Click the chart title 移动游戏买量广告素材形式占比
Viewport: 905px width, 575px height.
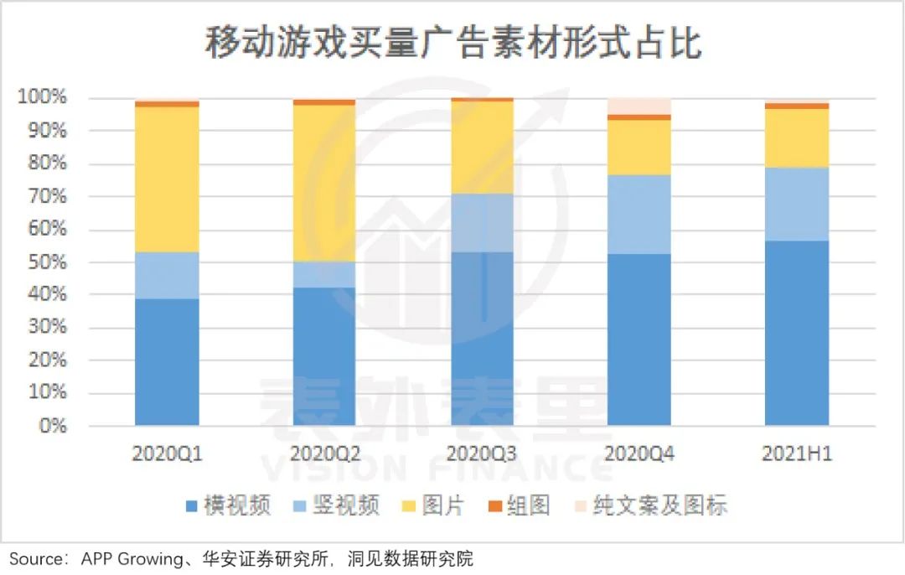452,43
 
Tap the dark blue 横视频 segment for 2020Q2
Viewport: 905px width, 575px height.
324,356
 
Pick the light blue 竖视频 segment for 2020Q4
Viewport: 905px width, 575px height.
639,215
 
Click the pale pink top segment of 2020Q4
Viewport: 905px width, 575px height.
639,106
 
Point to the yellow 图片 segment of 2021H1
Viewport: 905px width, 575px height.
797,138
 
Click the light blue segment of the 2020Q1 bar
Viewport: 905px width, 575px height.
167,275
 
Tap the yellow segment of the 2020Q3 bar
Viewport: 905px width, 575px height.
482,147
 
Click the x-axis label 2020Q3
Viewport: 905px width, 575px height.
481,454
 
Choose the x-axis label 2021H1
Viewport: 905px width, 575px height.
797,454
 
